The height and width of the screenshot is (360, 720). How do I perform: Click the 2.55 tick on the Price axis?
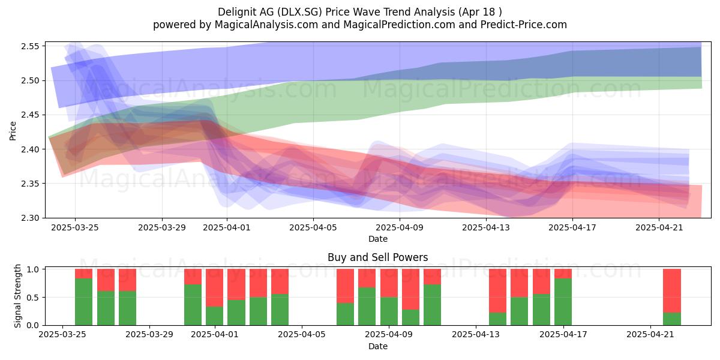click(x=30, y=46)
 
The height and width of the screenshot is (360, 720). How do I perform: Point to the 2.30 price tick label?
click(x=30, y=218)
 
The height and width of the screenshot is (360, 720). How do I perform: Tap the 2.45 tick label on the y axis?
click(x=30, y=115)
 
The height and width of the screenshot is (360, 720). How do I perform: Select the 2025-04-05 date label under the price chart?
click(x=313, y=227)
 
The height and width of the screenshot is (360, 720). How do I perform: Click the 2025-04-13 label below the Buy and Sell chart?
click(x=476, y=335)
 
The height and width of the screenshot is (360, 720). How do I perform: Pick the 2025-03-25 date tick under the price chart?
click(x=75, y=227)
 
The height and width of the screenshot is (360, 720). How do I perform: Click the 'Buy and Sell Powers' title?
click(x=377, y=257)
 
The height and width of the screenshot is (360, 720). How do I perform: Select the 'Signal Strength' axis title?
click(x=17, y=296)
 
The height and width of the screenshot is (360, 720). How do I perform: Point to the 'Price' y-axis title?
click(x=13, y=131)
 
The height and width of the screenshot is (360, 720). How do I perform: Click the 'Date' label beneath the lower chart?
click(x=378, y=346)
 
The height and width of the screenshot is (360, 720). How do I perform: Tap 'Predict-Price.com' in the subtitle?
click(x=524, y=25)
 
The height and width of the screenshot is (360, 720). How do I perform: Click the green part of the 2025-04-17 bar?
click(x=563, y=302)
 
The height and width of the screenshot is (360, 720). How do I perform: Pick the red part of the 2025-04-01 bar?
click(x=215, y=288)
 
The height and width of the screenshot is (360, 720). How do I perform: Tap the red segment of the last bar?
click(x=672, y=291)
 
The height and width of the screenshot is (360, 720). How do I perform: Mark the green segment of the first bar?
click(x=83, y=302)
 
